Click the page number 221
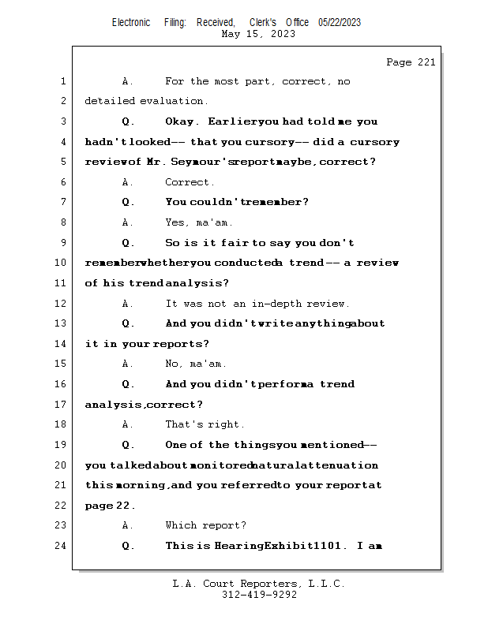tap(426, 62)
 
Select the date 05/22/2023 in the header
tap(340, 23)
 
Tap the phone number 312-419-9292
tap(259, 595)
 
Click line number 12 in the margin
tap(60, 303)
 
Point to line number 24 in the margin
tap(60, 546)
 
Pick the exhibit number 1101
tap(327, 546)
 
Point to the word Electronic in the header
tap(131, 23)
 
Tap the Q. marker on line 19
tap(128, 445)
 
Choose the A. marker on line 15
tap(127, 364)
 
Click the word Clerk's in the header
tap(263, 23)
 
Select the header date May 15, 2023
tap(258, 34)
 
